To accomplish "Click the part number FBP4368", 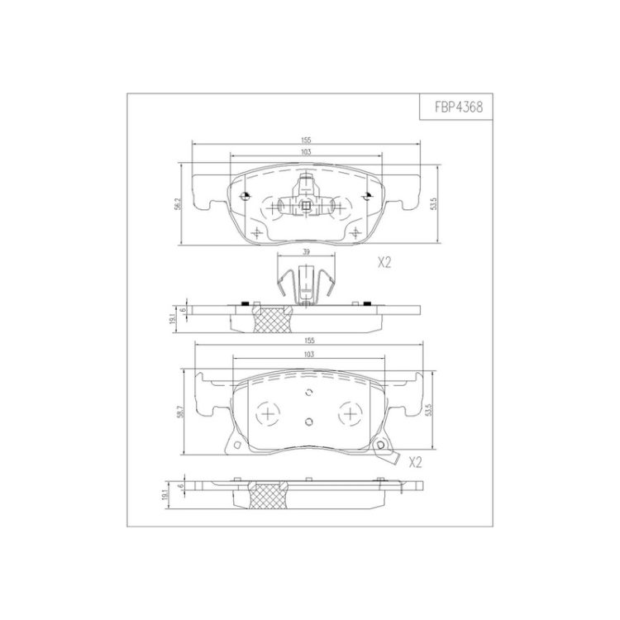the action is point(459,107).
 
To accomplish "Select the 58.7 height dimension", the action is point(180,413).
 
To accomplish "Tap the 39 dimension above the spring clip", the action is point(306,251).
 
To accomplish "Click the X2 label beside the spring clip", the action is point(384,263).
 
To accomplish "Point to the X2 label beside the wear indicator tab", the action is point(415,462).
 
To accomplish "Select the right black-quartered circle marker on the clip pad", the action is point(368,195).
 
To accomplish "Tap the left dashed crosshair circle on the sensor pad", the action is point(268,414).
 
